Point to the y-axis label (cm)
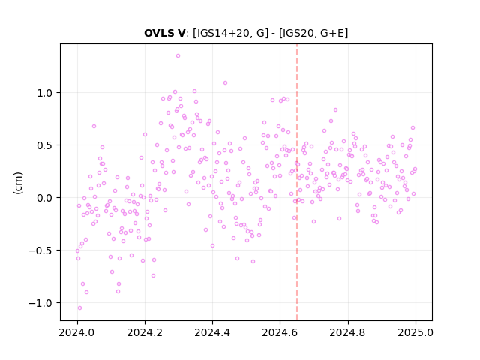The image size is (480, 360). pos(18,183)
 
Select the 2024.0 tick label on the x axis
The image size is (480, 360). pos(77,332)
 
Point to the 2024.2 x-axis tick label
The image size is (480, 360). pos(145,332)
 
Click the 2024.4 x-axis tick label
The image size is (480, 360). pos(212,332)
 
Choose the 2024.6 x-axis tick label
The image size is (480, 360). pos(280,332)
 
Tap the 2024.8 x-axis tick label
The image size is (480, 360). pos(348,332)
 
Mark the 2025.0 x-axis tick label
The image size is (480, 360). pos(415,332)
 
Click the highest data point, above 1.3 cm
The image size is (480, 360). pos(178,56)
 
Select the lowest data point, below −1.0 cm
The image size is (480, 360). pos(79,308)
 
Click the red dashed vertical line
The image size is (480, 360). pos(297,182)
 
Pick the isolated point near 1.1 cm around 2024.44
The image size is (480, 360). pos(225,83)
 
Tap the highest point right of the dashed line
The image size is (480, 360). pos(335,110)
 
